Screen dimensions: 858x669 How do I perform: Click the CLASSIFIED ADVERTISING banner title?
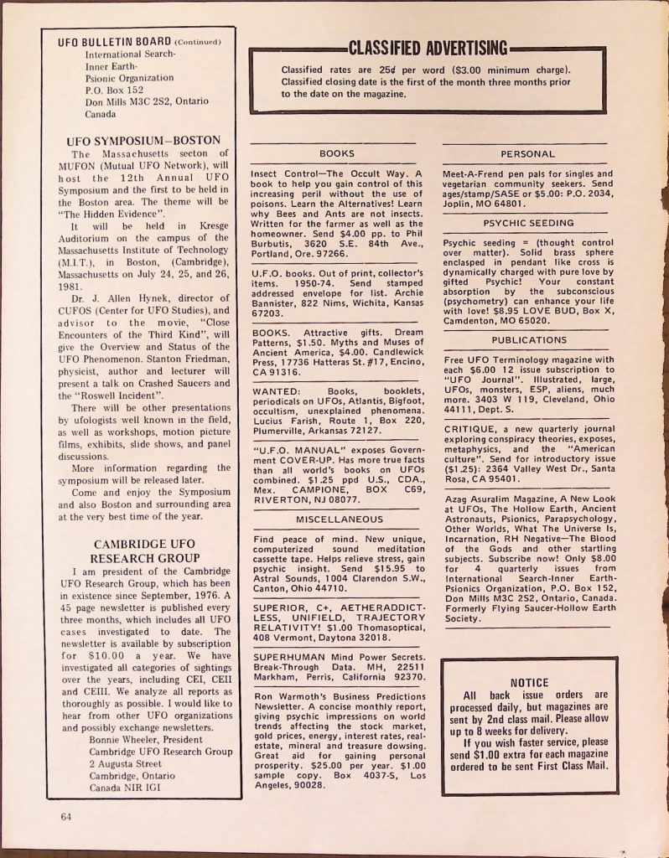coord(428,48)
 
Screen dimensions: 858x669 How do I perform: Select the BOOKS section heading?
coord(337,154)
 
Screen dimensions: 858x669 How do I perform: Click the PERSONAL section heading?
coord(527,154)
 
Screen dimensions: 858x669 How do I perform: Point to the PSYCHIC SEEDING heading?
coord(527,224)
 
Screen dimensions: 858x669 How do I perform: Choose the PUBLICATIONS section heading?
coord(529,340)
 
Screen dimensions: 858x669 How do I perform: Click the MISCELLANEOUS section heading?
coord(338,519)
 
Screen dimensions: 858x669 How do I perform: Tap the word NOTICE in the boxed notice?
coord(529,682)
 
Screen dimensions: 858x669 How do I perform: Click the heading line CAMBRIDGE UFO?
coord(144,544)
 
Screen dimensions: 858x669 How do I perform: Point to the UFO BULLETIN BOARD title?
coord(114,42)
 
